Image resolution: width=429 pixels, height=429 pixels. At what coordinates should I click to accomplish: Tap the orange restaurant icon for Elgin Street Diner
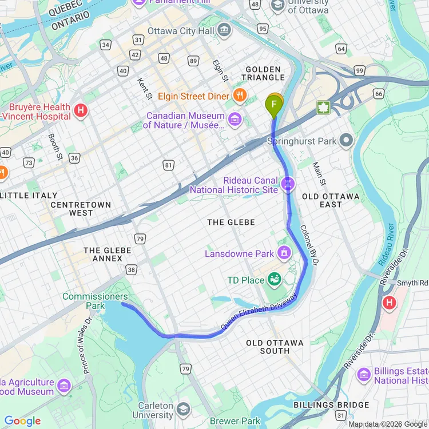coord(240,96)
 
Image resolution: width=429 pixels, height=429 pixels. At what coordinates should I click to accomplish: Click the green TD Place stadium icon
coord(275,280)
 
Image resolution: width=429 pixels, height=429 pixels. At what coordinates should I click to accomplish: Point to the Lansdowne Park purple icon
coord(284,253)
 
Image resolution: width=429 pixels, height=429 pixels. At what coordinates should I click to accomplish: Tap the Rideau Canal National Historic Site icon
coord(289,184)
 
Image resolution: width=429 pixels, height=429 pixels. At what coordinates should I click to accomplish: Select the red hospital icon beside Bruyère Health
coord(81,110)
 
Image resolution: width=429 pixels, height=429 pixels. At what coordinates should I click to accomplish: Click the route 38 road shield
coord(132,269)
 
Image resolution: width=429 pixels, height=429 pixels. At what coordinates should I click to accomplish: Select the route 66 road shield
coord(378,93)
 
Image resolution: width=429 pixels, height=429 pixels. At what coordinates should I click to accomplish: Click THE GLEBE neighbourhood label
coord(231,222)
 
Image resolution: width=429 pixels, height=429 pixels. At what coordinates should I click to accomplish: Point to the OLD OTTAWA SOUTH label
coord(275,347)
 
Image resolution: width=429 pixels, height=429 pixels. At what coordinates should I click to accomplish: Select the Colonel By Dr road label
coord(309,244)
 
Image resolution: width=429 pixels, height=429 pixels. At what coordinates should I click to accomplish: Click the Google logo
coord(23,421)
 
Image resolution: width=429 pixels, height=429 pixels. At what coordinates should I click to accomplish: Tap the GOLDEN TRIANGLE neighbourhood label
coord(264,73)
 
